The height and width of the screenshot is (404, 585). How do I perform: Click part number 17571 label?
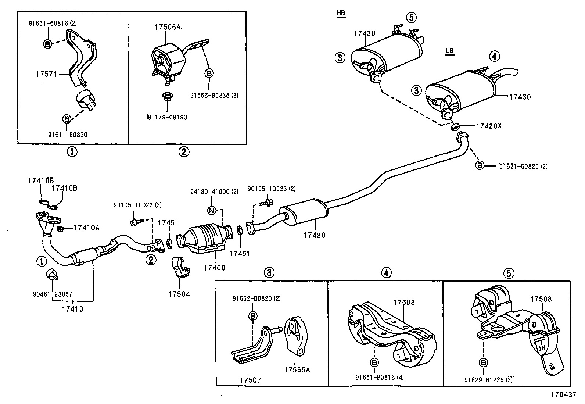(x=46, y=74)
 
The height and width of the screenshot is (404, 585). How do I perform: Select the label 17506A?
(x=168, y=27)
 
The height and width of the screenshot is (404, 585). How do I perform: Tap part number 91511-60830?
(x=68, y=135)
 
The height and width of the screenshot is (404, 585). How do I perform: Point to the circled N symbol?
(x=212, y=210)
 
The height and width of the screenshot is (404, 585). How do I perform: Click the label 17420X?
(x=488, y=126)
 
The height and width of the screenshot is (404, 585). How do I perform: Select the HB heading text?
(x=341, y=14)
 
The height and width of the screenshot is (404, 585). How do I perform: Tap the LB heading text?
(x=450, y=51)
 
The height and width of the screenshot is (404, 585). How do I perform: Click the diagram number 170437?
(x=563, y=394)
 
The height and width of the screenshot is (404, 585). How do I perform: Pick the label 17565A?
(x=297, y=370)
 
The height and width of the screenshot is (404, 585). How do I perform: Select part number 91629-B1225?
(x=488, y=379)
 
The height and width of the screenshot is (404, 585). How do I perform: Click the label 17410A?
(x=87, y=228)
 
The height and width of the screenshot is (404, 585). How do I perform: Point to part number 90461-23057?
(x=53, y=294)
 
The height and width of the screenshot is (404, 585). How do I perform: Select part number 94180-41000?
(x=214, y=192)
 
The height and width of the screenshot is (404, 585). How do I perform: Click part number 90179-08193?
(x=167, y=117)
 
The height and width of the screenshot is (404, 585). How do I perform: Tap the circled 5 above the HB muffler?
(x=411, y=17)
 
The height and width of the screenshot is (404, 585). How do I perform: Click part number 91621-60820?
(x=523, y=166)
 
